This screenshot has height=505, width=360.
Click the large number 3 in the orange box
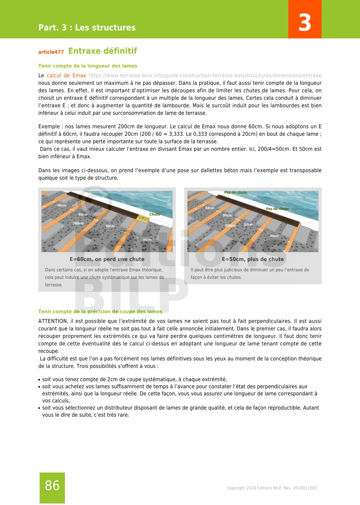pos(305,23)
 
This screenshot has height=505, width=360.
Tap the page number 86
pos(52,486)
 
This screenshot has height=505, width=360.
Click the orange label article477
pos(51,52)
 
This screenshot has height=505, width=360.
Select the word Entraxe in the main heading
pos(84,51)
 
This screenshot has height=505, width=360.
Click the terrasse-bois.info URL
pos(205,76)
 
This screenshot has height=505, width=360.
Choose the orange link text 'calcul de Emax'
pos(66,76)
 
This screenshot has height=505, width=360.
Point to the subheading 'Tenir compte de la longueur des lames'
pos(88,66)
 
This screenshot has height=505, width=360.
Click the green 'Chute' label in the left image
pos(155,214)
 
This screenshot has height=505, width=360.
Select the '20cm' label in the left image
pos(147,240)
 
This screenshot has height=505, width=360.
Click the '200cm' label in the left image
pos(78,223)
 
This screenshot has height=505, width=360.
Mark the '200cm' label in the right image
pos(230,225)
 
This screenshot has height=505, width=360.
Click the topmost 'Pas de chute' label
pos(236,192)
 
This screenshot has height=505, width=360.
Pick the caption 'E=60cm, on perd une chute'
pos(107,259)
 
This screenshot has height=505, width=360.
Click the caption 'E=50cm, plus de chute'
pos(253,259)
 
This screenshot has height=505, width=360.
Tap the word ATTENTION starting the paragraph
pos(53,321)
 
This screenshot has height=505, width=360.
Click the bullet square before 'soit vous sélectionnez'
pos(39,408)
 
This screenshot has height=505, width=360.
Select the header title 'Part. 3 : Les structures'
pos(87,27)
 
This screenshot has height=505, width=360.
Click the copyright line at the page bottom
pos(272,488)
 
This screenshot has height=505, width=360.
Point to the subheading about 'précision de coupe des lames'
pos(100,312)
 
